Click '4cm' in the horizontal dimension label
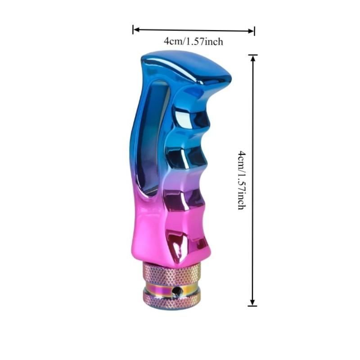(x=172, y=41)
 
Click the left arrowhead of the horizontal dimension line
(x=136, y=30)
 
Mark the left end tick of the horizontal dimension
(x=133, y=30)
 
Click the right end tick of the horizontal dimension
(x=255, y=31)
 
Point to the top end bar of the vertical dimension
(x=253, y=55)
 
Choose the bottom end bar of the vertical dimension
(x=253, y=306)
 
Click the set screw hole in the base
(x=179, y=292)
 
